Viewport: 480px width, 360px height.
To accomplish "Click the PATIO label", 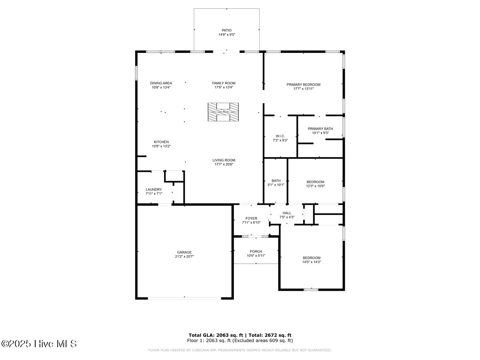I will click(x=226, y=30).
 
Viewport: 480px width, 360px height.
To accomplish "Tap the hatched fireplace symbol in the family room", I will click(x=223, y=112).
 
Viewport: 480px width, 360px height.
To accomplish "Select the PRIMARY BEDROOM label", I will click(x=303, y=84).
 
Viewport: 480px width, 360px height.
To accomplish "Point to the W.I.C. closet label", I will click(x=280, y=136).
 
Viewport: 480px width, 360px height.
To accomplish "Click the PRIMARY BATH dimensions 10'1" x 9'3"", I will click(x=320, y=133).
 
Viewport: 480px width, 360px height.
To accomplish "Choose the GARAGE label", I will click(x=184, y=252).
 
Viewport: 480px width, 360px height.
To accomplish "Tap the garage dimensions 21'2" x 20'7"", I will click(x=184, y=257).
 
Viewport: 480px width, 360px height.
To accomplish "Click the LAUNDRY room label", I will click(x=154, y=189).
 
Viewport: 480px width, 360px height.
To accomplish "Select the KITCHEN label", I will click(x=161, y=142).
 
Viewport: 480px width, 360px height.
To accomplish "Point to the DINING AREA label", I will click(x=161, y=83).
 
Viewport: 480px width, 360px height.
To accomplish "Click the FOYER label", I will click(x=251, y=218).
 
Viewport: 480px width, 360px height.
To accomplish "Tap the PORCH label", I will click(x=256, y=252).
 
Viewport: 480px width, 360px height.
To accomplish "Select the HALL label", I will click(x=287, y=213).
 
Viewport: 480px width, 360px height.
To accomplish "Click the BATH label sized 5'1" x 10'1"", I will click(x=276, y=180).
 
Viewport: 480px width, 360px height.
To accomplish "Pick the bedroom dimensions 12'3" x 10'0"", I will click(x=315, y=186).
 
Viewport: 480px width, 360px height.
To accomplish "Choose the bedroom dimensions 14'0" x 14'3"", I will click(x=311, y=262).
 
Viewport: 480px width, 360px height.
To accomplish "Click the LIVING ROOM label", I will click(x=224, y=160).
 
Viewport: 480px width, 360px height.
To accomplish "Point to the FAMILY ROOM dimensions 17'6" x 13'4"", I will click(x=224, y=87).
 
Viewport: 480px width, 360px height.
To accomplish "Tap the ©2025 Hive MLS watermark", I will click(x=39, y=344).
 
